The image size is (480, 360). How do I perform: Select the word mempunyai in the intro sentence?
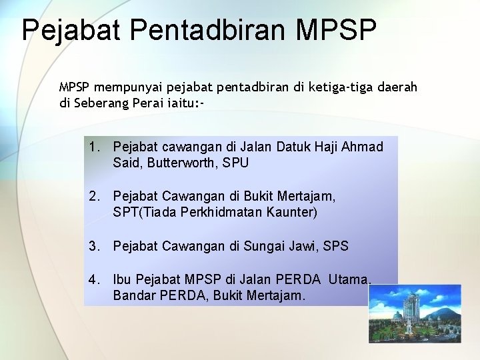coord(125,87)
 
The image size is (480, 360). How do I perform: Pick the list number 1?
coord(95,147)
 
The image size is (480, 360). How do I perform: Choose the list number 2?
coord(95,197)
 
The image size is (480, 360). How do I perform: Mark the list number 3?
coord(95,246)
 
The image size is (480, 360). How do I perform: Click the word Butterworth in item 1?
coord(175,163)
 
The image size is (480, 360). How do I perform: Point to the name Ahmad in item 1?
coord(363,147)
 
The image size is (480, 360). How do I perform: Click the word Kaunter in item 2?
coord(291,213)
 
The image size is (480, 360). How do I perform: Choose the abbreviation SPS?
coord(335,246)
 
